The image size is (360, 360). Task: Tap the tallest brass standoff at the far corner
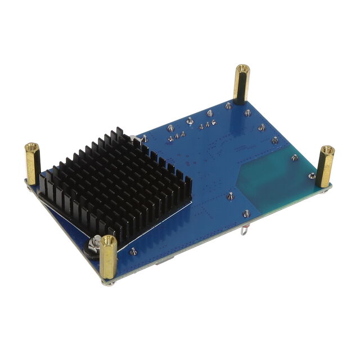click(241, 84)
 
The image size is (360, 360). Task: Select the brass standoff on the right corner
click(326, 166)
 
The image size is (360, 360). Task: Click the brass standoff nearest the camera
click(109, 256)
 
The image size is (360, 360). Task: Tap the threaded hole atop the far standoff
click(242, 69)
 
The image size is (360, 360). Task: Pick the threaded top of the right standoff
click(327, 150)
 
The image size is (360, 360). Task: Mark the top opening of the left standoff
click(31, 148)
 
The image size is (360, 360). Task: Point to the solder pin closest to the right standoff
click(311, 176)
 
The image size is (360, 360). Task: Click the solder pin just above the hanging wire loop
click(246, 213)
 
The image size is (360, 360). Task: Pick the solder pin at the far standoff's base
click(229, 105)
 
